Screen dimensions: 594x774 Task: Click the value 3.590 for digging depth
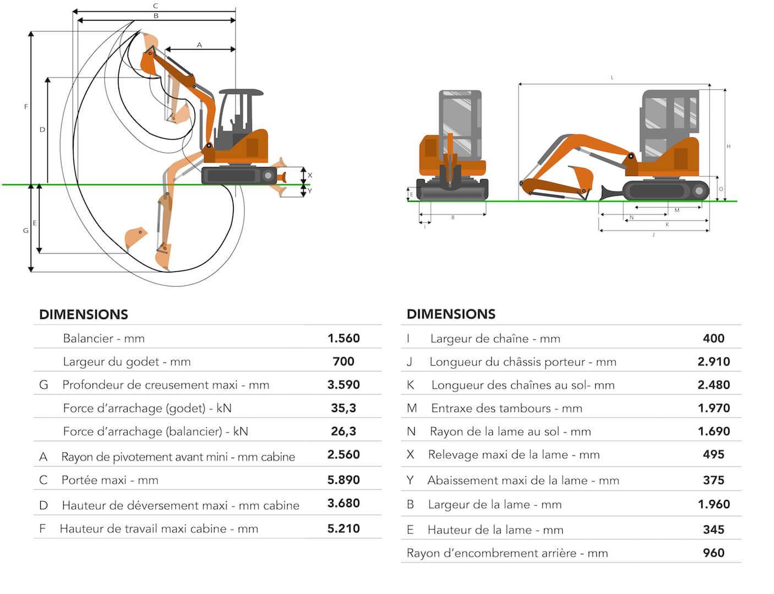coord(343,384)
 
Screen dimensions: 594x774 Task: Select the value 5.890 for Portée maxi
coord(343,480)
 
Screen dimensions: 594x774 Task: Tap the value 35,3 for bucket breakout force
coord(343,408)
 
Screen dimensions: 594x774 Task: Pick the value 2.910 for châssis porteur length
coord(713,361)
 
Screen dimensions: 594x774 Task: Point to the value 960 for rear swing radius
coord(713,553)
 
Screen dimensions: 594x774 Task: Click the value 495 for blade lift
coord(713,454)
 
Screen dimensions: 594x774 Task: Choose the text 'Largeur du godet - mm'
coord(127,361)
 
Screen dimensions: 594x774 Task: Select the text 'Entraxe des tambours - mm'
coord(506,408)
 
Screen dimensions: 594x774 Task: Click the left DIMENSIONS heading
coord(84,314)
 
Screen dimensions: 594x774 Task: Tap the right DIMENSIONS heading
coord(451,314)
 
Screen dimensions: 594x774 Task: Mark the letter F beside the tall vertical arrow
coord(26,107)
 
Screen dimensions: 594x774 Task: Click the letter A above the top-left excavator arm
coord(199,45)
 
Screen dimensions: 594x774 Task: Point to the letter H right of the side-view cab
coord(728,146)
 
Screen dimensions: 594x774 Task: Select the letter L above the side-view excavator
coord(612,78)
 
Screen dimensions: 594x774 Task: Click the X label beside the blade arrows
coord(310,175)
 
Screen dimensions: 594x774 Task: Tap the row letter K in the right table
coord(410,385)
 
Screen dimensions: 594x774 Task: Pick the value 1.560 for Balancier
coord(343,338)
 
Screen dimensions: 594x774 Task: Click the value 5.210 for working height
coord(343,529)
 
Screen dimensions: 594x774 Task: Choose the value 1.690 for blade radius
coord(713,431)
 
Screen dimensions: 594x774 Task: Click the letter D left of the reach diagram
coord(42,130)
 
